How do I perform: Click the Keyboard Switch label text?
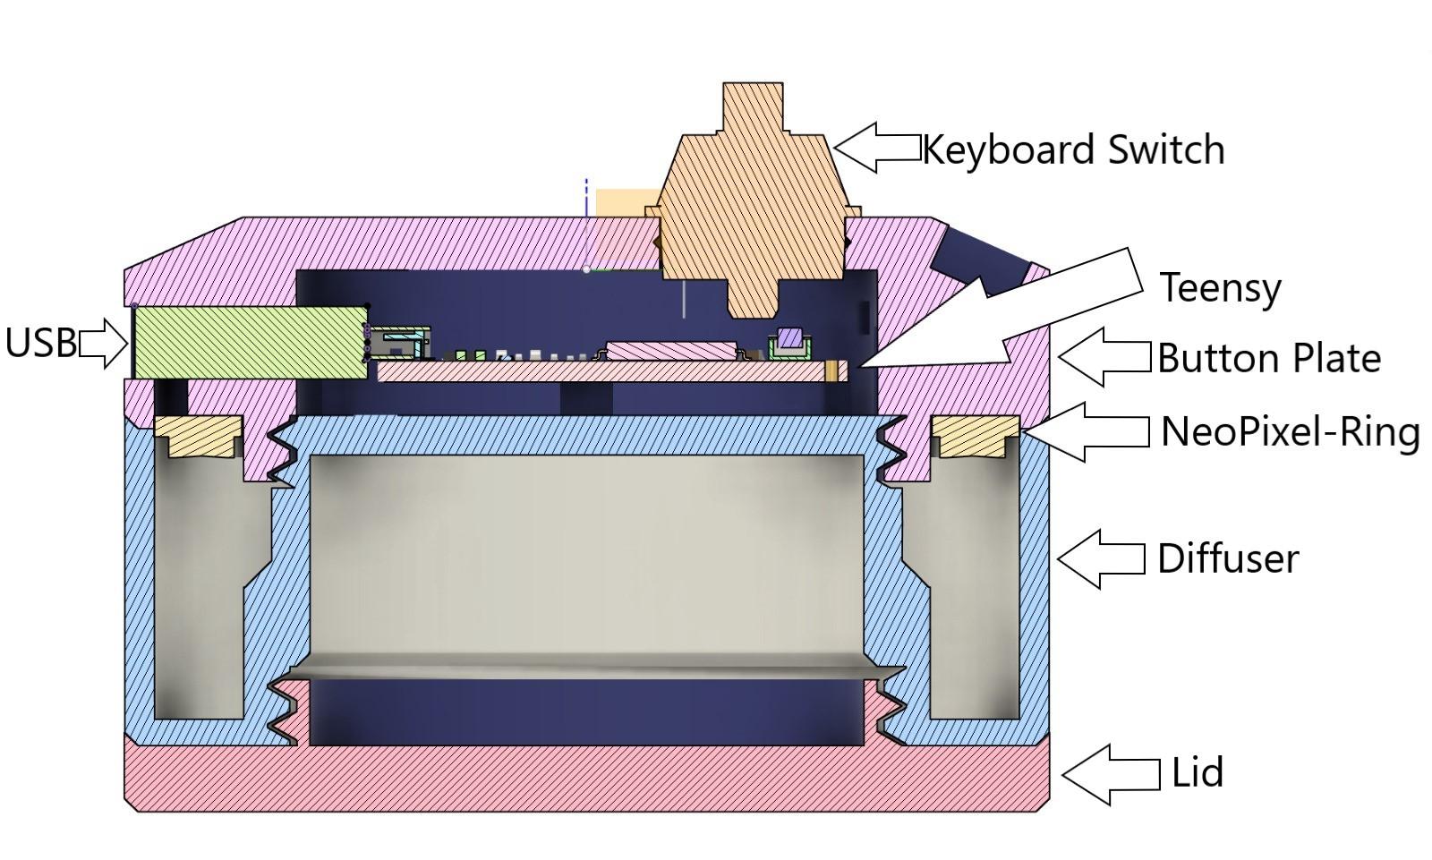pyautogui.click(x=1072, y=149)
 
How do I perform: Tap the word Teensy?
pyautogui.click(x=1220, y=288)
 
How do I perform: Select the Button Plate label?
pyautogui.click(x=1268, y=359)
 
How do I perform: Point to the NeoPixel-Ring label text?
pyautogui.click(x=1290, y=432)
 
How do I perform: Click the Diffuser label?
pyautogui.click(x=1227, y=558)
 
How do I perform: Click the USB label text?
pyautogui.click(x=39, y=343)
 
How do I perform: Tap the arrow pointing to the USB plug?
pyautogui.click(x=104, y=343)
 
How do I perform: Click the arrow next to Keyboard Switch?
pyautogui.click(x=876, y=148)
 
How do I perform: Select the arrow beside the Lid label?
pyautogui.click(x=1110, y=774)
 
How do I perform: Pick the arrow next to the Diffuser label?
pyautogui.click(x=1100, y=558)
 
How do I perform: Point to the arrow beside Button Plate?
pyautogui.click(x=1103, y=357)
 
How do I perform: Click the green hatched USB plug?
pyautogui.click(x=249, y=341)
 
